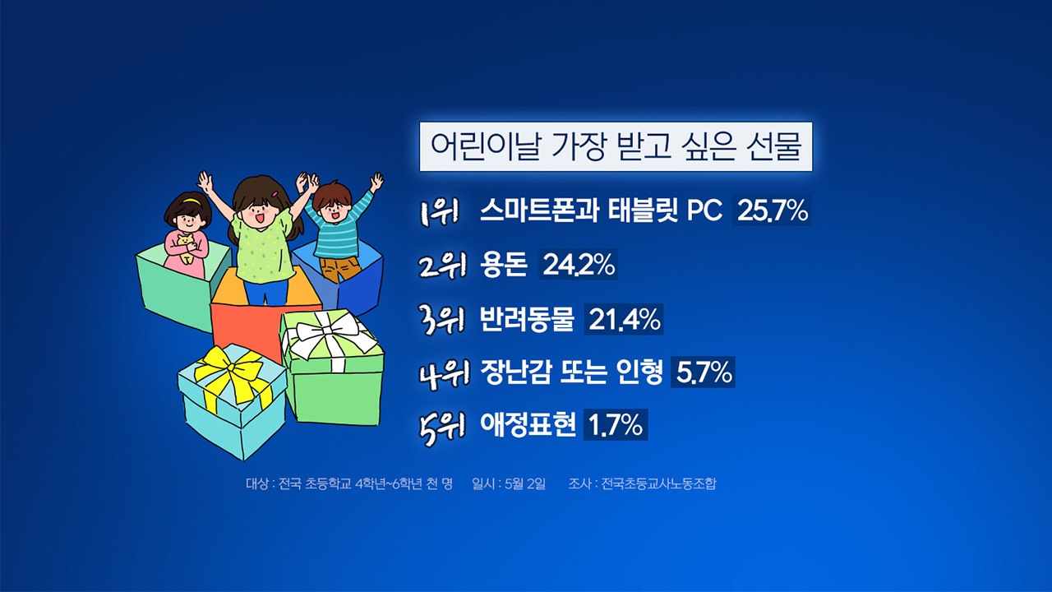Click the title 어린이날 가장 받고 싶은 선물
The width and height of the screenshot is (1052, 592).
(616, 146)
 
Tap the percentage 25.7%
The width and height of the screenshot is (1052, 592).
(772, 211)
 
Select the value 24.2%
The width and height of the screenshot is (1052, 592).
(578, 266)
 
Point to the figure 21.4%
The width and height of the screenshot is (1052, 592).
(624, 320)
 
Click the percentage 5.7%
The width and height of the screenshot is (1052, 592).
(703, 373)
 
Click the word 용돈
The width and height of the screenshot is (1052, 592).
(504, 266)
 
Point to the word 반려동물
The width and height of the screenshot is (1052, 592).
(527, 320)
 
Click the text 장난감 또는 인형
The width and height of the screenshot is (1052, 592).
(571, 373)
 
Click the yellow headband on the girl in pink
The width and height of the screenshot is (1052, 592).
(191, 200)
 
